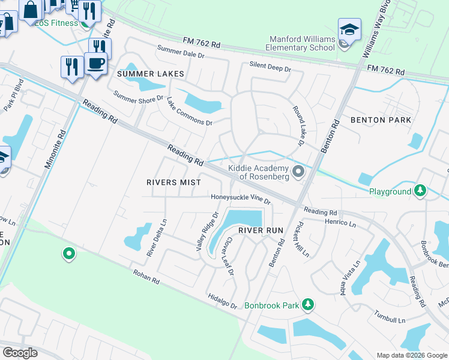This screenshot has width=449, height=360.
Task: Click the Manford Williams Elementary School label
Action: tap(301, 43)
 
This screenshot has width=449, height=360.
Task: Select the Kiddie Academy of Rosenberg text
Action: tap(259, 173)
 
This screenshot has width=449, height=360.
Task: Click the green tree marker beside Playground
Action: tap(421, 191)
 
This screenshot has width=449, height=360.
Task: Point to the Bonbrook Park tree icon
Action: tap(308, 305)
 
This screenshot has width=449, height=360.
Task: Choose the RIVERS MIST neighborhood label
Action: tap(169, 182)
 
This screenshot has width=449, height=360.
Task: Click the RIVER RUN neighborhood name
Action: tap(260, 230)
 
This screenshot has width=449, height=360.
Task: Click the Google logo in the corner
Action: tap(20, 352)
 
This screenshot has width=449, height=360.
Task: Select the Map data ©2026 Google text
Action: tap(411, 355)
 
